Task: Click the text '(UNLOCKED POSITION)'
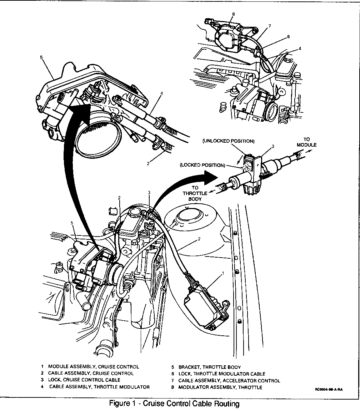pos(229,141)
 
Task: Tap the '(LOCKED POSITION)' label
pos(202,165)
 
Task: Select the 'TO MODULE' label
pos(306,142)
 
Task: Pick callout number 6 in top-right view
pos(288,36)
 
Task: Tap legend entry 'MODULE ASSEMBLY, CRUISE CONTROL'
pos(93,366)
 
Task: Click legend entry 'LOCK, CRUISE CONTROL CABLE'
pos(84,380)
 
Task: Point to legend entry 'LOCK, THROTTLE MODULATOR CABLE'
pos(222,374)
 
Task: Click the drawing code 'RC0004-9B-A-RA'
pos(328,390)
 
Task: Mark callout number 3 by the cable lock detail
pos(272,146)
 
